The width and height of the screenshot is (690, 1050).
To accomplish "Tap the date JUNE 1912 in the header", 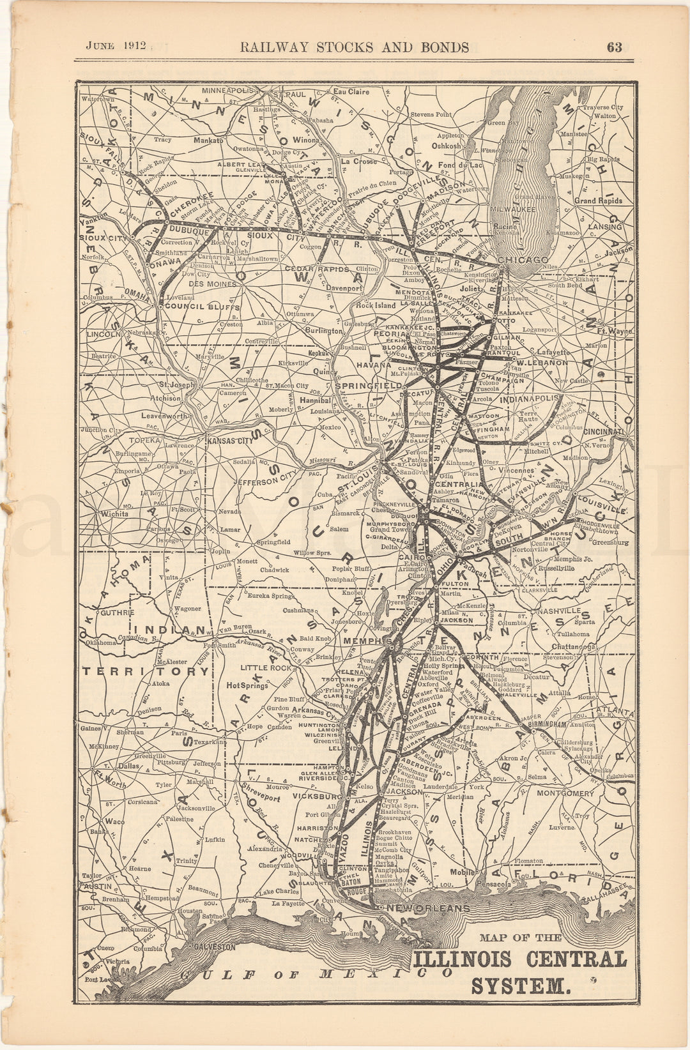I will click(117, 46).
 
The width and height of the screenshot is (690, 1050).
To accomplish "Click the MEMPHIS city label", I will click(367, 641).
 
